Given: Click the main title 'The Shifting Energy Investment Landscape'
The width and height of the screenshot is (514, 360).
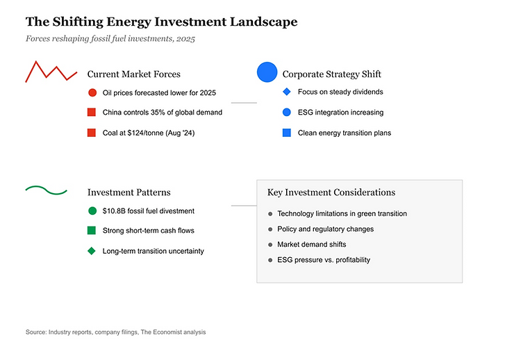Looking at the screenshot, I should [161, 22].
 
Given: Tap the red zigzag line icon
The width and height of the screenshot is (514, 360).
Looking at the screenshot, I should [51, 72].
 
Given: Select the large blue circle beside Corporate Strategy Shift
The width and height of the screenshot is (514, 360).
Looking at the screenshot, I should [267, 72].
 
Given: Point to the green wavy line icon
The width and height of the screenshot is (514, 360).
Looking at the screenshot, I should [46, 189].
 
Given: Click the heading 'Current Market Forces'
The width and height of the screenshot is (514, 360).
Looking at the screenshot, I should [133, 74].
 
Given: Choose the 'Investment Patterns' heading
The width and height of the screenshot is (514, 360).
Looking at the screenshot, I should [128, 193].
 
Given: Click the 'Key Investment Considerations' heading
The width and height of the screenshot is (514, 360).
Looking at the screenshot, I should [331, 193].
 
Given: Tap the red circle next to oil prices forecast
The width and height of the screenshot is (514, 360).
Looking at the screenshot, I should [92, 92].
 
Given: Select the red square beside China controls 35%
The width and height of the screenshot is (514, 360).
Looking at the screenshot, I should [92, 112].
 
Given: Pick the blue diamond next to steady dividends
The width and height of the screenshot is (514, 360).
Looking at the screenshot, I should [287, 92].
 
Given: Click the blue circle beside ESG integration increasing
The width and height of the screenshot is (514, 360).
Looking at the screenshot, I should [287, 112].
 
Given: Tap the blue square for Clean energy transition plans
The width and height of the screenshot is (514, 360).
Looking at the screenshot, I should [287, 133].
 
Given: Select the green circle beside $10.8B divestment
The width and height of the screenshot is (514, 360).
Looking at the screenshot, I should [92, 211].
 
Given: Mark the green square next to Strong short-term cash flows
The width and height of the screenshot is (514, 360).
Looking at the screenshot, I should [92, 230].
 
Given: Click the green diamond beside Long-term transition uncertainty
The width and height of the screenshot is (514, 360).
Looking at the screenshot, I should [92, 251].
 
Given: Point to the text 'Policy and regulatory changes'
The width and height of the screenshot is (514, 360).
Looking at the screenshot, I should [325, 229].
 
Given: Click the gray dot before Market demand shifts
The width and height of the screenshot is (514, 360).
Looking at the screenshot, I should [270, 245].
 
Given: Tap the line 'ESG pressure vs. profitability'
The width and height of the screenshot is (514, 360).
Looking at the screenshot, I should [324, 260].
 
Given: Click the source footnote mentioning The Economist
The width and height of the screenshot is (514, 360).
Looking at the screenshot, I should [115, 332].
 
